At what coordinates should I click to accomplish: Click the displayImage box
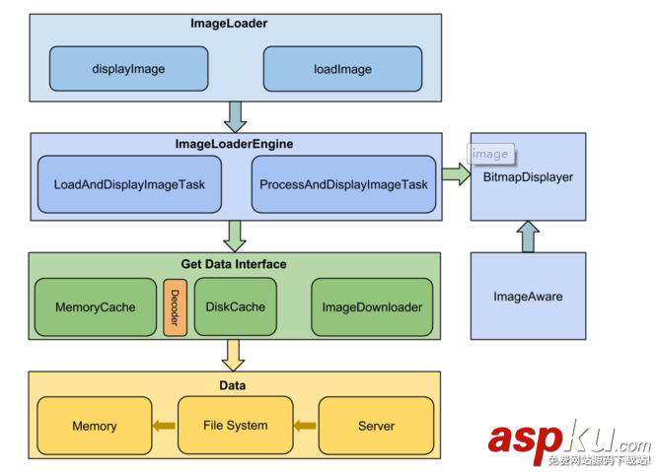128,69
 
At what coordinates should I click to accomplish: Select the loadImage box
342,69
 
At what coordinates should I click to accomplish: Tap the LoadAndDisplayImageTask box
128,184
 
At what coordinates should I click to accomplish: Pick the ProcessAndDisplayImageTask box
343,184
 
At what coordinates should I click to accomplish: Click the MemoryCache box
96,307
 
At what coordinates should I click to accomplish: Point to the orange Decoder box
175,307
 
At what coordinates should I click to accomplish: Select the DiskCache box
235,306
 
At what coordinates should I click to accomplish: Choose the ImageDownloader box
372,307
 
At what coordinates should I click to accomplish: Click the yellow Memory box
95,426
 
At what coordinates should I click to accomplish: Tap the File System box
235,426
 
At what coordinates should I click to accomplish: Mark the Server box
376,426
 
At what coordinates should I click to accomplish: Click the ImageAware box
528,296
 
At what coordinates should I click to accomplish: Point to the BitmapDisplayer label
528,177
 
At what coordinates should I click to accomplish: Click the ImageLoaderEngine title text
234,144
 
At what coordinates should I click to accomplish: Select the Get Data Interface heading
234,264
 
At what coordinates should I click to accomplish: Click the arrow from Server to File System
306,426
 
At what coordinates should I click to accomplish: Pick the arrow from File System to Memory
165,426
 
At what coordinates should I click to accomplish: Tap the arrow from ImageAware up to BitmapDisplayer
528,236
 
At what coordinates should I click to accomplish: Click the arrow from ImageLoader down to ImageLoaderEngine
235,116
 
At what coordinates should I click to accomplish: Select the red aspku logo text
552,439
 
